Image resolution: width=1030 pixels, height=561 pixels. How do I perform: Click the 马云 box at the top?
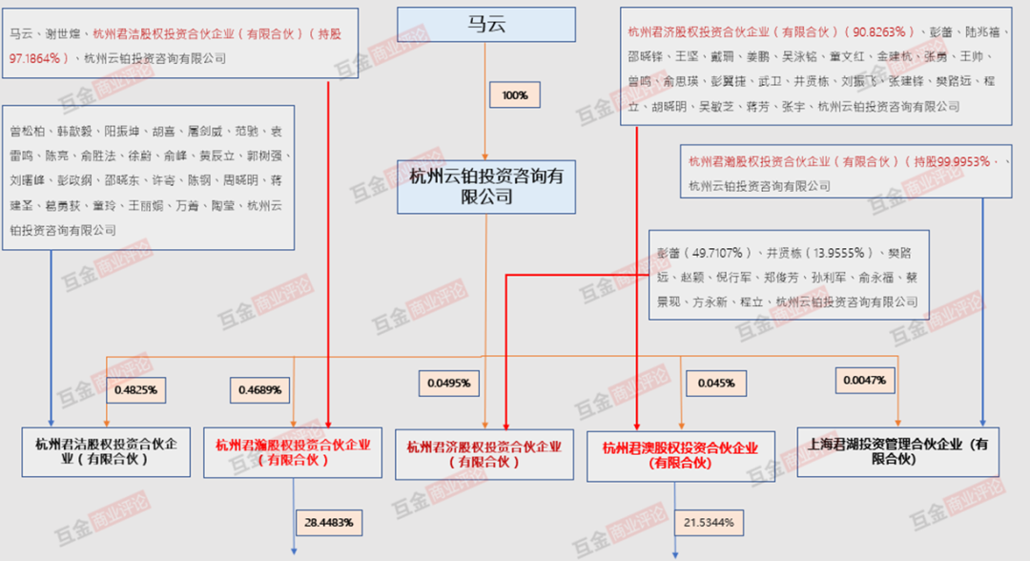click(x=485, y=23)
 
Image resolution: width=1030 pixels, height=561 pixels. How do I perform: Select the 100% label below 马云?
click(x=514, y=95)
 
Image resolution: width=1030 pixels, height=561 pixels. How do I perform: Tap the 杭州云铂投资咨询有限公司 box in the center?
click(x=486, y=186)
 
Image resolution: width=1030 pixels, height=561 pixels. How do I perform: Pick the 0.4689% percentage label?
click(x=257, y=389)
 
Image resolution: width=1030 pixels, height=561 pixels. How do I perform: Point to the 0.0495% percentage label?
click(x=448, y=384)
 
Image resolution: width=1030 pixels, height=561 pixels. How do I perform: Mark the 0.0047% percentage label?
click(x=865, y=381)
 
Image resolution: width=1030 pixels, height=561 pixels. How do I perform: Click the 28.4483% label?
click(x=329, y=523)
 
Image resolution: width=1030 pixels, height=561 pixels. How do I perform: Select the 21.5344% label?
click(x=710, y=524)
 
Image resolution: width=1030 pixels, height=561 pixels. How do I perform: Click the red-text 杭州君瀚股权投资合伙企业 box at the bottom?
click(x=292, y=451)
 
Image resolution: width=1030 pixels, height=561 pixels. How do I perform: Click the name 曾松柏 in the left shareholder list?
click(x=27, y=131)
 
